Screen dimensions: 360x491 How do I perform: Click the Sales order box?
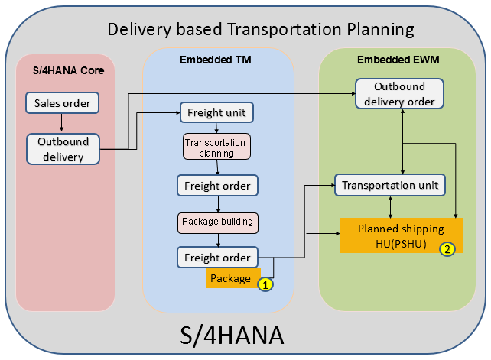coord(62,103)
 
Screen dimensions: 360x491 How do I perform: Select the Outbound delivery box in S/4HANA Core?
coord(64,149)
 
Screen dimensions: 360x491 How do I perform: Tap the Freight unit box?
coord(216,113)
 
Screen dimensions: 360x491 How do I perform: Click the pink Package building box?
coord(217,222)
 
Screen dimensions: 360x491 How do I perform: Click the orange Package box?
coord(232,278)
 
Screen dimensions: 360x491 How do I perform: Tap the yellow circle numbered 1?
coord(265,284)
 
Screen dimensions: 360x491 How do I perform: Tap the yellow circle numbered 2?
coord(447,248)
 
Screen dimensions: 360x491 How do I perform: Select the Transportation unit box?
coord(390,185)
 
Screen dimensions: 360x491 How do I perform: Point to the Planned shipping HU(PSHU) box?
coord(400,236)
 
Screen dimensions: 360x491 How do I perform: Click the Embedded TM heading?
coord(216,60)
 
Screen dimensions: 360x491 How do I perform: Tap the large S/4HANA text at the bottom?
coord(245,335)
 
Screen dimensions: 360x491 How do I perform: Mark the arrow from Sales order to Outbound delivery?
coord(62,123)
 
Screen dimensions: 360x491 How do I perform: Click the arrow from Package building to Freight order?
coord(218,240)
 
